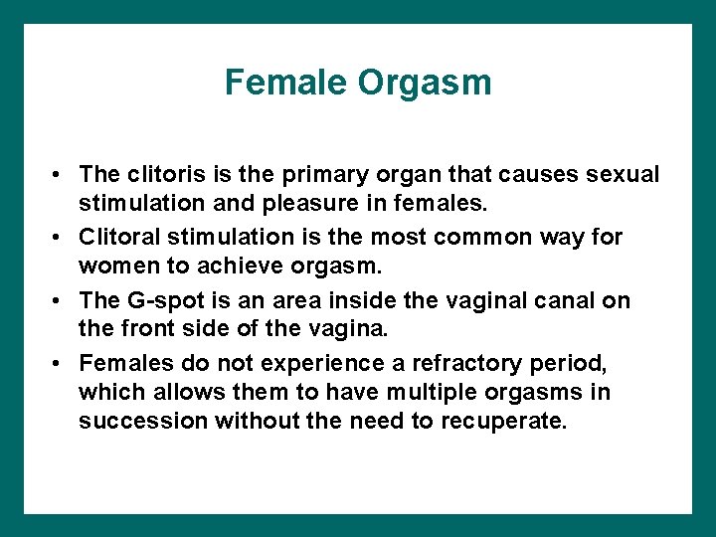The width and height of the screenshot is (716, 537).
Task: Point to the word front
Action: pyautogui.click(x=153, y=331)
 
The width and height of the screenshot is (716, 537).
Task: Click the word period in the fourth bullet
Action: pyautogui.click(x=545, y=363)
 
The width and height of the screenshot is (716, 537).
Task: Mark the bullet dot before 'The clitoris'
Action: pyautogui.click(x=61, y=176)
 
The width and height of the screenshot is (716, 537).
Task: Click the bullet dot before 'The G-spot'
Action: pyautogui.click(x=61, y=301)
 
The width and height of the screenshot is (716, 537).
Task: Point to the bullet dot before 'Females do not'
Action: pyautogui.click(x=61, y=364)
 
